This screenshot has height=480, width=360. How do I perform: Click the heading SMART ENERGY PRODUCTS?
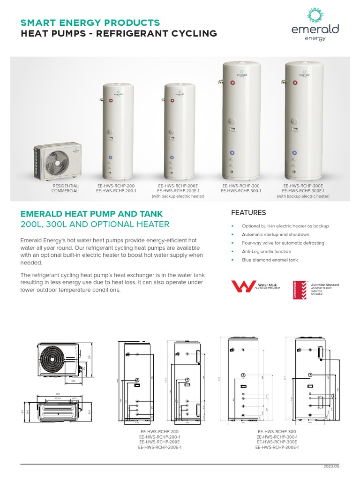click(x=90, y=22)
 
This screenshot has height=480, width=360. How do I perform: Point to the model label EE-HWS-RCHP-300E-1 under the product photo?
click(x=303, y=191)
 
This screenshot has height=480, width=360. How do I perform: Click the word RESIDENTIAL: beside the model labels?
click(x=66, y=186)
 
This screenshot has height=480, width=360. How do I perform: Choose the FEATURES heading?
click(x=248, y=213)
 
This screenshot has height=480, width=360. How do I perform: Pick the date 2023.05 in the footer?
click(x=331, y=467)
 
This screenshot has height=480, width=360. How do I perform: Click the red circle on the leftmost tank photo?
click(x=110, y=100)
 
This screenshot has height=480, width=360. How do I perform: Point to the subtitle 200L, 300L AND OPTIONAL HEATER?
click(x=95, y=225)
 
